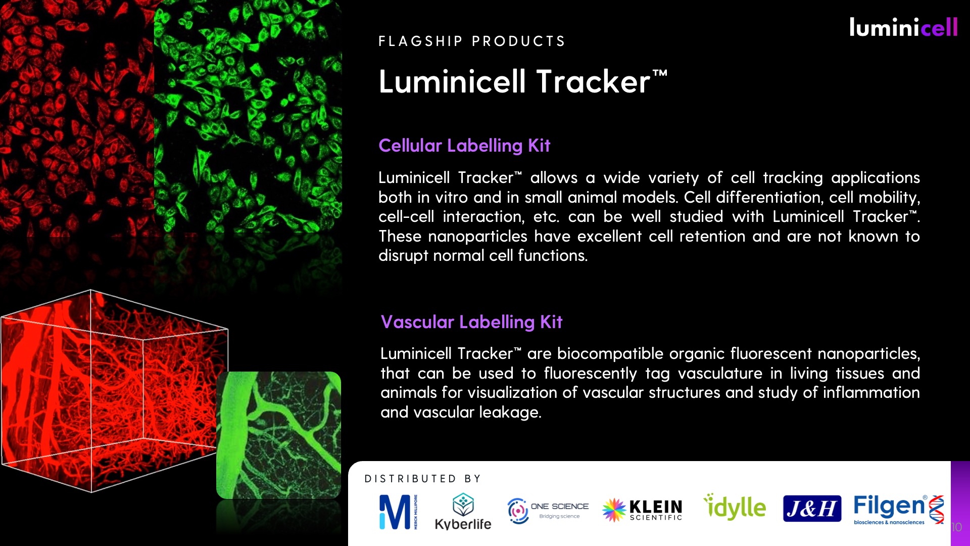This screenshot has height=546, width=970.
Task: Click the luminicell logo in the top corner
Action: click(x=903, y=27)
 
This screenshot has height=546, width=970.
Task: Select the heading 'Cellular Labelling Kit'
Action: click(x=464, y=146)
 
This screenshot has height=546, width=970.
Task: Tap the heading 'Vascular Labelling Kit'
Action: click(x=471, y=322)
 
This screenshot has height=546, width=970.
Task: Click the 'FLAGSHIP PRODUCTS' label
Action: click(x=472, y=41)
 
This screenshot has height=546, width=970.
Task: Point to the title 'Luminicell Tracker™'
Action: click(x=523, y=81)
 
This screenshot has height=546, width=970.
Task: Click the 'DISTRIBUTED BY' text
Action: click(x=422, y=479)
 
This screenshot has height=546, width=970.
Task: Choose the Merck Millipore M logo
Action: click(x=399, y=512)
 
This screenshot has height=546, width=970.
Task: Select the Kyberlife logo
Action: click(x=463, y=511)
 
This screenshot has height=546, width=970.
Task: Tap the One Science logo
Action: click(x=548, y=511)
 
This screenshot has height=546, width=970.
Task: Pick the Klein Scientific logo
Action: click(x=642, y=510)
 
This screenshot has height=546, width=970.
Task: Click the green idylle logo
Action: click(x=735, y=507)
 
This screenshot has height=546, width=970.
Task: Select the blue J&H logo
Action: click(x=812, y=509)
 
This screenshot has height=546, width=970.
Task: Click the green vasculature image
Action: click(x=278, y=435)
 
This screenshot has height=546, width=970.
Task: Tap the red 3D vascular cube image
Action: click(x=114, y=391)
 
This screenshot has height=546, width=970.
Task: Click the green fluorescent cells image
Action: click(x=248, y=116)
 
